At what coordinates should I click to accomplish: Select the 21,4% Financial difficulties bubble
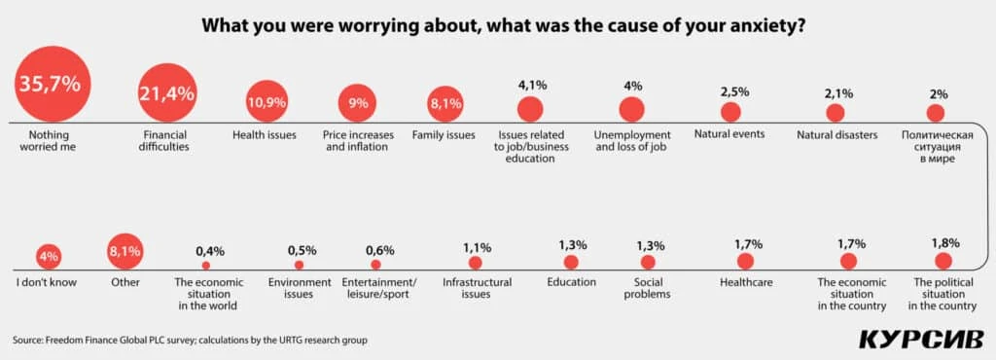(x=168, y=94)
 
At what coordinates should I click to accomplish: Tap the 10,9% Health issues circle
(x=266, y=102)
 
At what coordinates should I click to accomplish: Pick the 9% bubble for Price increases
(x=358, y=103)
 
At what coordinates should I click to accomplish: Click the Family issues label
(x=444, y=134)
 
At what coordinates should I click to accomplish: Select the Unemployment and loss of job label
(x=632, y=140)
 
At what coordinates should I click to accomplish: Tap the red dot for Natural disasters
(x=835, y=112)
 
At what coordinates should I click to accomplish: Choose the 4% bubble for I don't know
(x=48, y=257)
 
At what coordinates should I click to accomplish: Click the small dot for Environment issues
(x=299, y=265)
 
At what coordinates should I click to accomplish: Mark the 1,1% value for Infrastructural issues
(x=477, y=247)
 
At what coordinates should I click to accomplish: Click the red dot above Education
(x=571, y=262)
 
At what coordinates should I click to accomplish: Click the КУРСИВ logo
(x=919, y=339)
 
